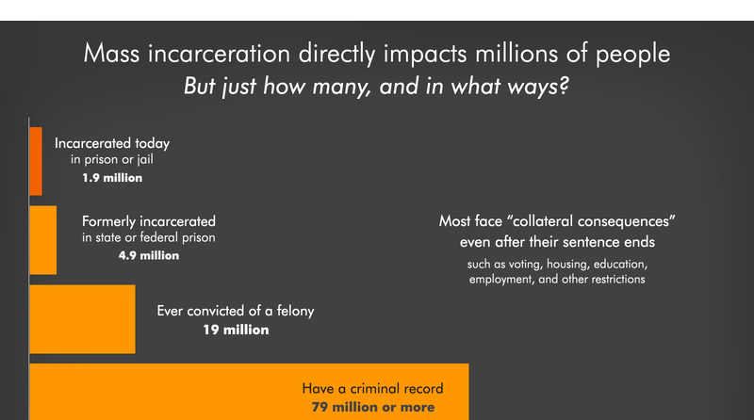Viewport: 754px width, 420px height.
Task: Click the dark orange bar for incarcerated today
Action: click(36, 160)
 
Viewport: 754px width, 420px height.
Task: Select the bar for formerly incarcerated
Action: click(43, 240)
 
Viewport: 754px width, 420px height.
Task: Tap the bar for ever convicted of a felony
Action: click(83, 317)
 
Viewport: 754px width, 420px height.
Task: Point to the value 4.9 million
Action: click(148, 255)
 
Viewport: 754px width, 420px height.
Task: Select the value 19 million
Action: click(236, 330)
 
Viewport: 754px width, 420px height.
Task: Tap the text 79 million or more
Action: click(373, 407)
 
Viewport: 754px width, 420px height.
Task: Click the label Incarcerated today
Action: click(112, 144)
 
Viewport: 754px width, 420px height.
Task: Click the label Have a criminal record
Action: click(372, 388)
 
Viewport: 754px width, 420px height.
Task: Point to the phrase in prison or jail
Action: click(112, 160)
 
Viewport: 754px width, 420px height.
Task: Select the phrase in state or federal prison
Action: click(148, 238)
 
